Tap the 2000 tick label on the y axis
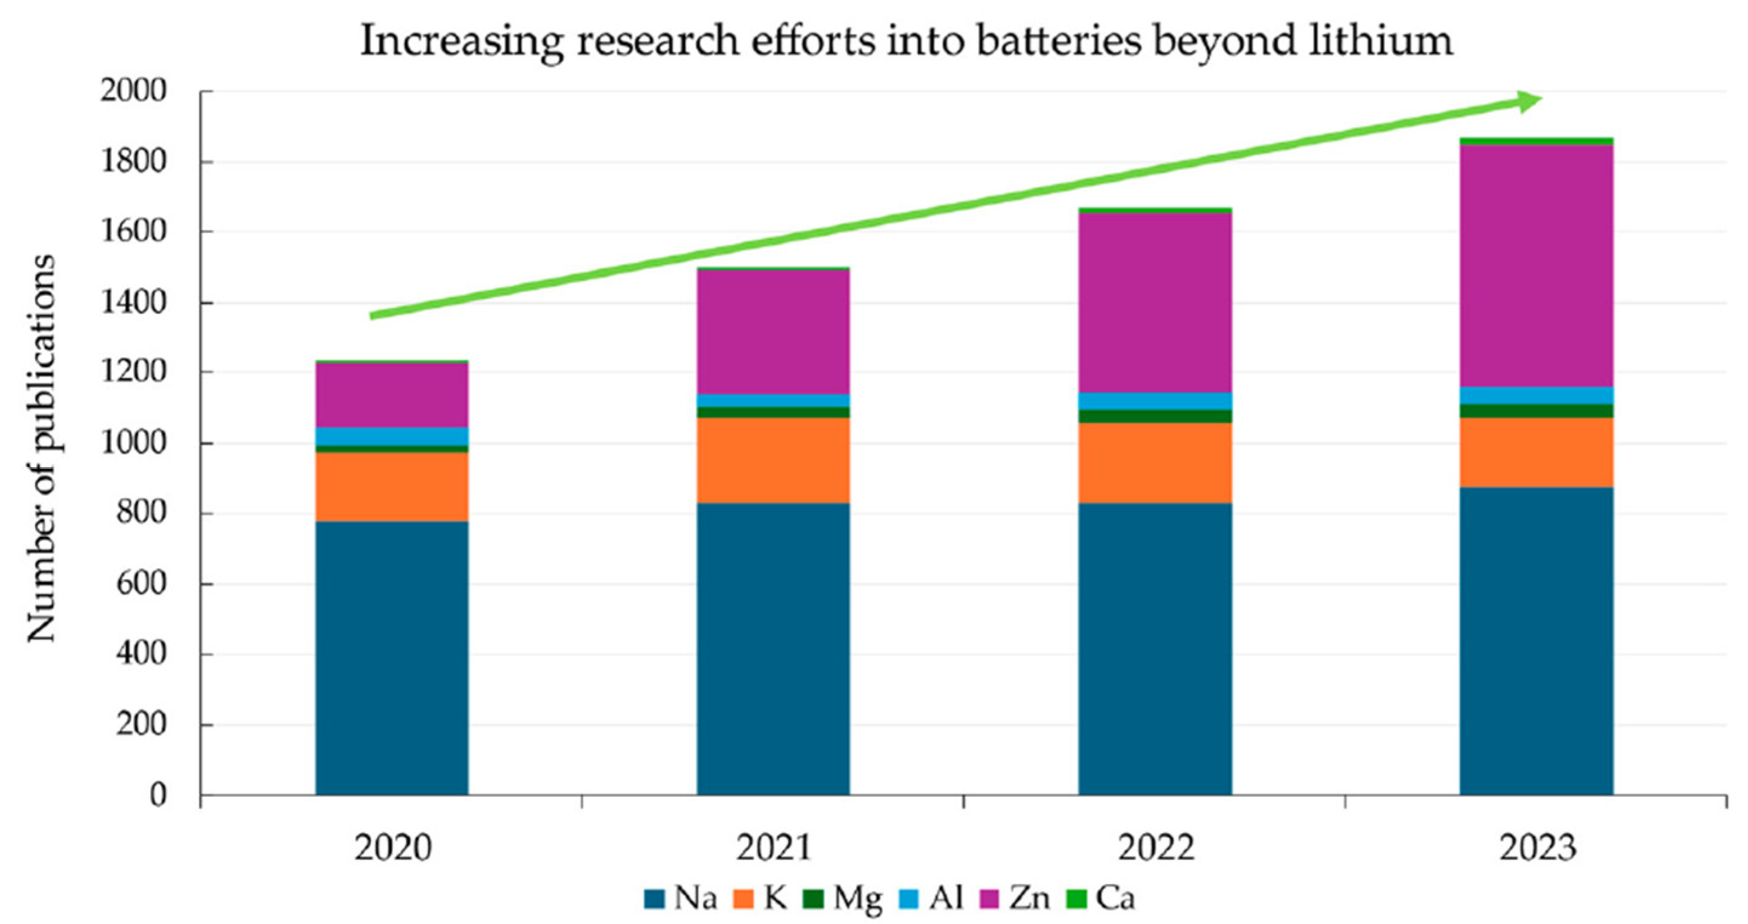click(x=133, y=91)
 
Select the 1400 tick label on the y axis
click(x=133, y=302)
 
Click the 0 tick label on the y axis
click(x=158, y=795)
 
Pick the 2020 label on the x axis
click(x=392, y=848)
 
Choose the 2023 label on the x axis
click(x=1537, y=848)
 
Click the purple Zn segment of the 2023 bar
click(x=1537, y=265)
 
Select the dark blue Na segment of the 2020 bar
click(x=392, y=658)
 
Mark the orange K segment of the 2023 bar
click(x=1537, y=452)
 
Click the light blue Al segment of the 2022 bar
click(x=1156, y=401)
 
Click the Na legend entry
click(x=681, y=899)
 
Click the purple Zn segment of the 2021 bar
click(x=773, y=333)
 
